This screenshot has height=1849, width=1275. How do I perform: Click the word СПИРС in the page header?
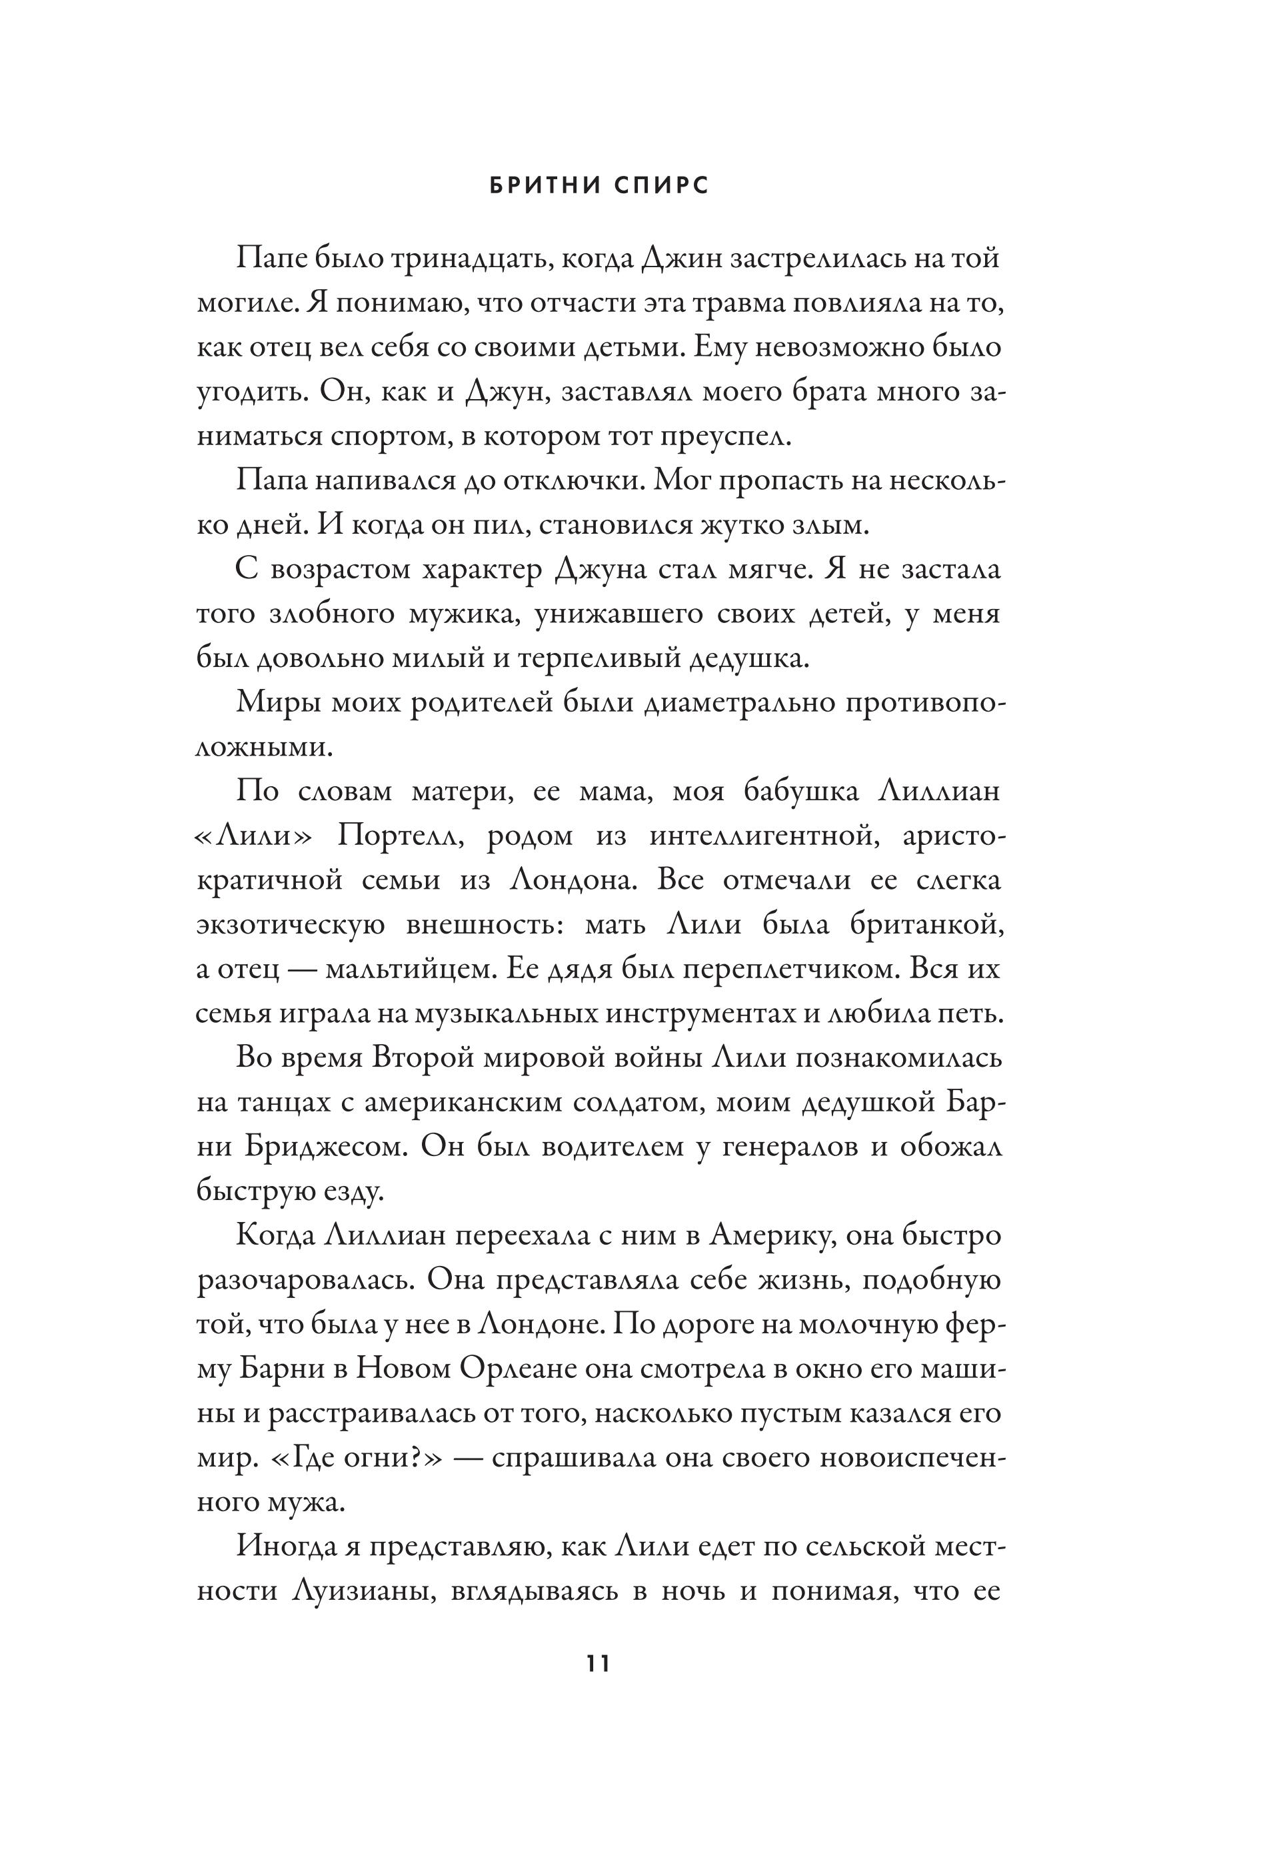coord(662,186)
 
